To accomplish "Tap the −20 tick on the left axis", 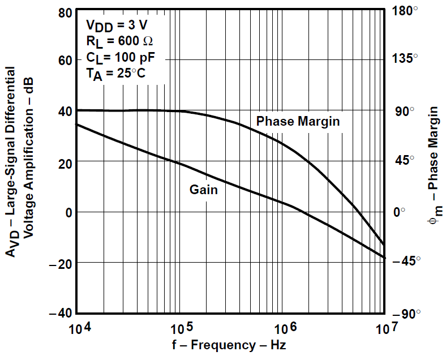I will click(x=61, y=263).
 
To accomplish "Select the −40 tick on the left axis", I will click(x=61, y=313).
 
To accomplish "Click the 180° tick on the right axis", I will click(x=406, y=11).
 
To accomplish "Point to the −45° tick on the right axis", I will click(x=406, y=262).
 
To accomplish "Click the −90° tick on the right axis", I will click(x=406, y=313).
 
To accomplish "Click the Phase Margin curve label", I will click(x=298, y=121).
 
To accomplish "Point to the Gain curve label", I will click(x=203, y=190).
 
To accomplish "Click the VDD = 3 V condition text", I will click(x=117, y=25).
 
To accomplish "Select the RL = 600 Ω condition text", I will click(x=119, y=41).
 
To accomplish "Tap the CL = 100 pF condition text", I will click(x=120, y=57).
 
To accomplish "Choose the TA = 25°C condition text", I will click(x=116, y=74).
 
